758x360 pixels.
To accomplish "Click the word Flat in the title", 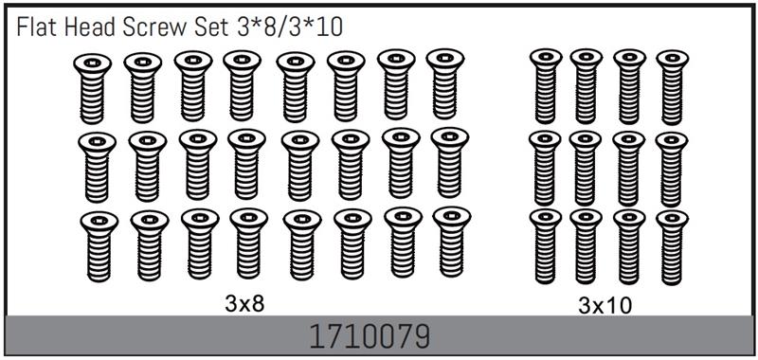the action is click(33, 28).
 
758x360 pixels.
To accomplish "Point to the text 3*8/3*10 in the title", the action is click(290, 28).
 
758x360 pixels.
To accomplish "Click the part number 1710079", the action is click(370, 336).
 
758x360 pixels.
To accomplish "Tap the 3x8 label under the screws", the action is click(245, 304).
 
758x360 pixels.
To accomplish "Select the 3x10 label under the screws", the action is click(605, 305).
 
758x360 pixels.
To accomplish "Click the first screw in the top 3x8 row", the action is click(92, 88).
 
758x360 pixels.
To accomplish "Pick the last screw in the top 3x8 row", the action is click(445, 83).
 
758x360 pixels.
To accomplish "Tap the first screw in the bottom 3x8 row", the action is click(99, 246).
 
